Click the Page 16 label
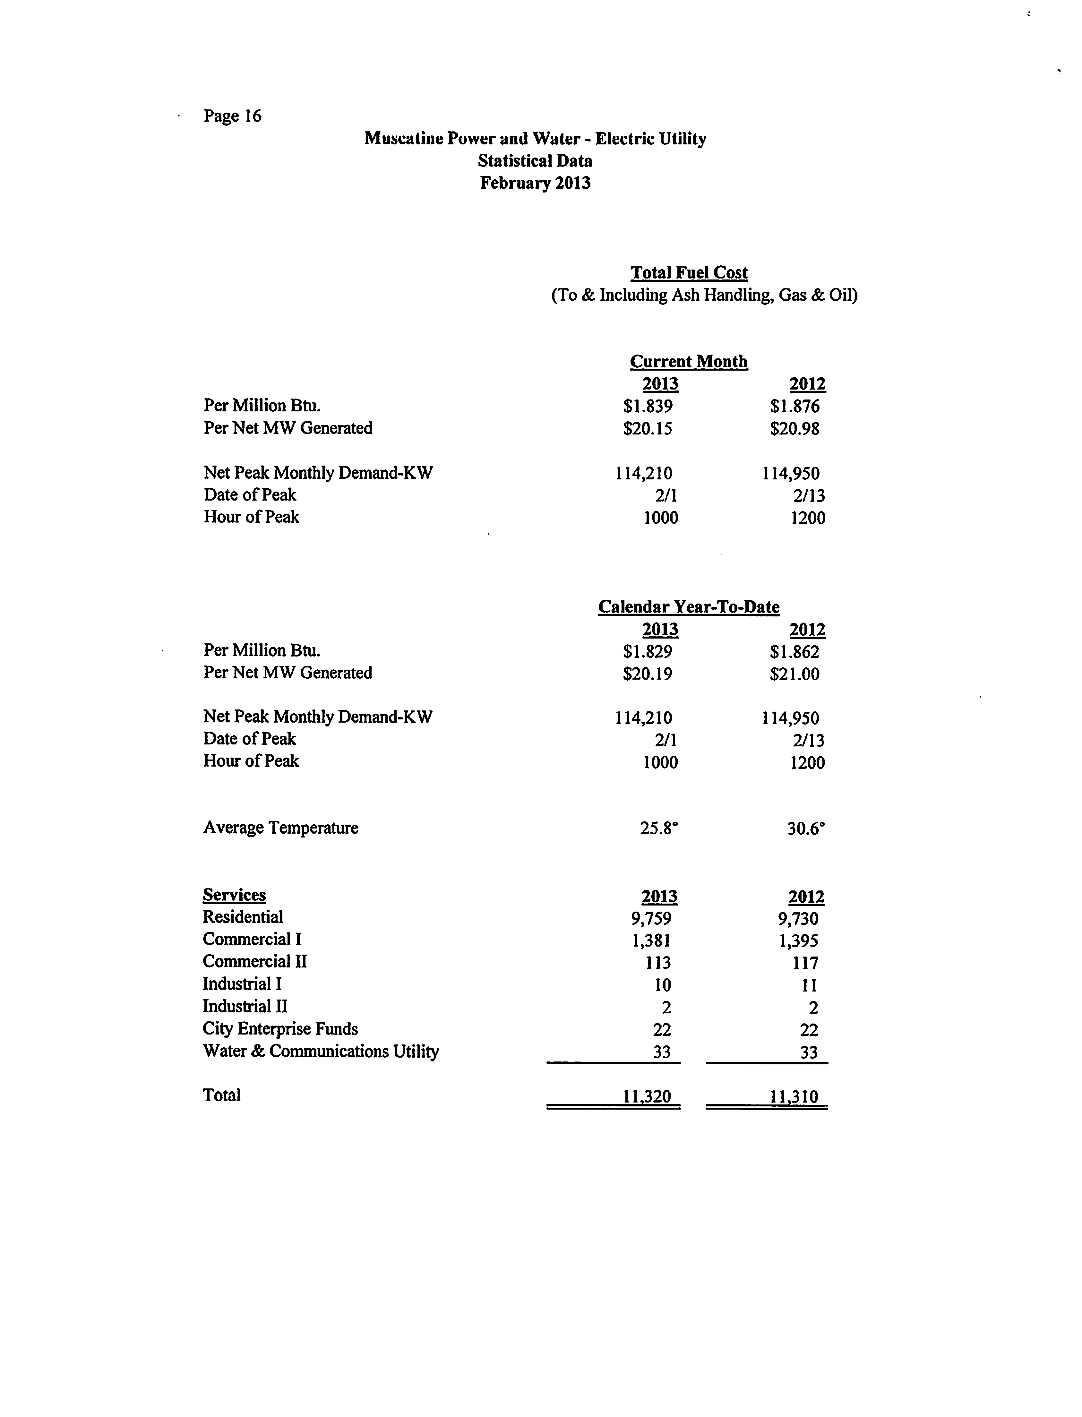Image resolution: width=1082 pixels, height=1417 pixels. tap(233, 116)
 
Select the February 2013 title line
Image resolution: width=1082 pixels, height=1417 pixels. tap(535, 183)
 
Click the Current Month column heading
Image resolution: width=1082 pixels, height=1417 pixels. tap(689, 361)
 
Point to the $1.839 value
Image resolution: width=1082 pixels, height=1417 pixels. tap(648, 407)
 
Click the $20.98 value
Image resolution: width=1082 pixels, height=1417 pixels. tap(794, 429)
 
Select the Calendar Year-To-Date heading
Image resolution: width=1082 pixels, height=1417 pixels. tap(689, 607)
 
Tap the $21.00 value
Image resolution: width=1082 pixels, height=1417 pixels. tap(794, 674)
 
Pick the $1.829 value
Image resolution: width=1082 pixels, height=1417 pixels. tap(648, 652)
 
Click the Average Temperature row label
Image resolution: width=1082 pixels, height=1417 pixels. tap(281, 828)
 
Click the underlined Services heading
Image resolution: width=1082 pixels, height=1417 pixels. tap(235, 895)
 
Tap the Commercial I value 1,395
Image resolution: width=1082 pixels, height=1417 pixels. tap(798, 941)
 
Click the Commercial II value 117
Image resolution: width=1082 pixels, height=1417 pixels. tap(805, 964)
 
